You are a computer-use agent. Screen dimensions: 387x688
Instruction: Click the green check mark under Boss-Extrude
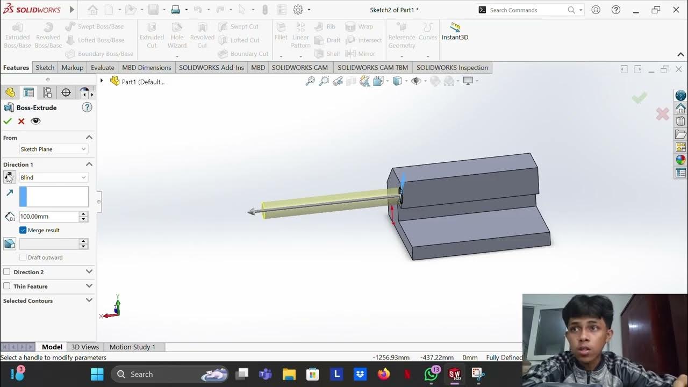tap(8, 121)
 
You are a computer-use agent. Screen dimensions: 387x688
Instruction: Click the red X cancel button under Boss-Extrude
tap(21, 121)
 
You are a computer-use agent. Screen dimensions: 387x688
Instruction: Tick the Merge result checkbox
tap(23, 230)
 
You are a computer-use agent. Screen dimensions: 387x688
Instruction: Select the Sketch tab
tap(45, 68)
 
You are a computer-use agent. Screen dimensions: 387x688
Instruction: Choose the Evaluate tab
tap(102, 68)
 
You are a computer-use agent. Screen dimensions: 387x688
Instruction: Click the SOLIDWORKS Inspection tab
tap(452, 68)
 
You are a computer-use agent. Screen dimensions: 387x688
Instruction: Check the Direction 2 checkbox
tap(7, 272)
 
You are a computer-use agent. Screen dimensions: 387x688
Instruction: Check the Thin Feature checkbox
tap(7, 286)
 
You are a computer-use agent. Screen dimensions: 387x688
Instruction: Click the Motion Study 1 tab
tap(132, 347)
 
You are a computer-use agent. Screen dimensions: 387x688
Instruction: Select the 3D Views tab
tap(85, 347)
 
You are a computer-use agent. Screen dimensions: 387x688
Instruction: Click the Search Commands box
tap(527, 10)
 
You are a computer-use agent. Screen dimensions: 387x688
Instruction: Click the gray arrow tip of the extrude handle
tap(251, 212)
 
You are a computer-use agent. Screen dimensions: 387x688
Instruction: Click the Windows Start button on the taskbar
tap(97, 374)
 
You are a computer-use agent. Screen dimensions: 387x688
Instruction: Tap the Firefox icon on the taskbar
tap(383, 374)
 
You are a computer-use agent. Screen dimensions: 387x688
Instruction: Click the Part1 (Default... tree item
tap(143, 82)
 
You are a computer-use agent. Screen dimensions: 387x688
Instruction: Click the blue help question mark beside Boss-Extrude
tap(87, 107)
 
